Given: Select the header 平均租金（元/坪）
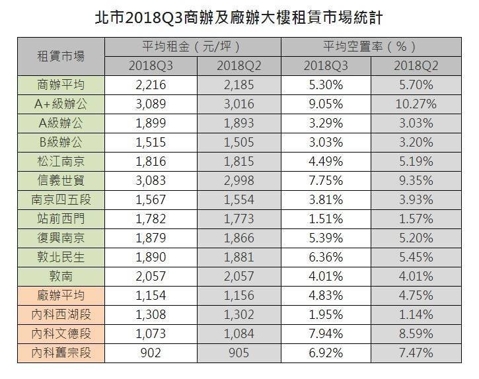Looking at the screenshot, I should tap(192, 47).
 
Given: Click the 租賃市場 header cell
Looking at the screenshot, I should tap(61, 57).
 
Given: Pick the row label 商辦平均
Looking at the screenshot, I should tap(61, 85).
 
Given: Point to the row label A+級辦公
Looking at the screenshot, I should tap(61, 104).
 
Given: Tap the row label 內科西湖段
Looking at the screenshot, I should tap(61, 315).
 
